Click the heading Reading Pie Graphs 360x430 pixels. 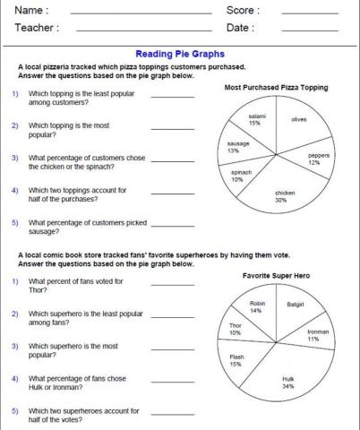179,54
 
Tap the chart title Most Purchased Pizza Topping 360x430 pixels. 275,88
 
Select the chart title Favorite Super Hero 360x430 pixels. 275,275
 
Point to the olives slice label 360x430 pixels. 299,119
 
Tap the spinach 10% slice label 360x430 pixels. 241,176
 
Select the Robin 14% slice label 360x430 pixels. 256,307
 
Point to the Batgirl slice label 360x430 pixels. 296,305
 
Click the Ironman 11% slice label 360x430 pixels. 316,335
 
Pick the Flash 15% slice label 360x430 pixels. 236,361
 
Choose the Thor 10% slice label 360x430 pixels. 236,329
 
